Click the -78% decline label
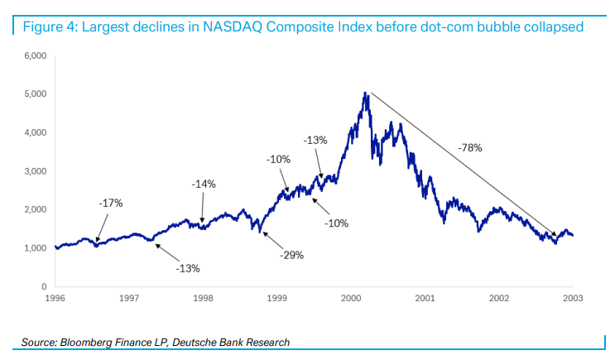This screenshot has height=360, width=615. (469, 147)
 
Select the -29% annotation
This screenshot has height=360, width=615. (291, 255)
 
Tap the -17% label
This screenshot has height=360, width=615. (111, 203)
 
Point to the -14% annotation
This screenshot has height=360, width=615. (204, 184)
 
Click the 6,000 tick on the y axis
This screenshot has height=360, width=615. (35, 55)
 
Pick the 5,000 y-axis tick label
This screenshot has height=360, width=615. (35, 94)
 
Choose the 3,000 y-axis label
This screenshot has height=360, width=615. (35, 171)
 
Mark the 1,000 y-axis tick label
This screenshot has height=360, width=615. (35, 248)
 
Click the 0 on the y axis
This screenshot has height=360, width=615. (43, 286)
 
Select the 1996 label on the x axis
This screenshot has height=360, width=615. (55, 297)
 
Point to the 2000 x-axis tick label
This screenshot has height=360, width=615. (351, 297)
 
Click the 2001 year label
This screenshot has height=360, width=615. (425, 297)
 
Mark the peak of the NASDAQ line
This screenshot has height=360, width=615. (366, 94)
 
